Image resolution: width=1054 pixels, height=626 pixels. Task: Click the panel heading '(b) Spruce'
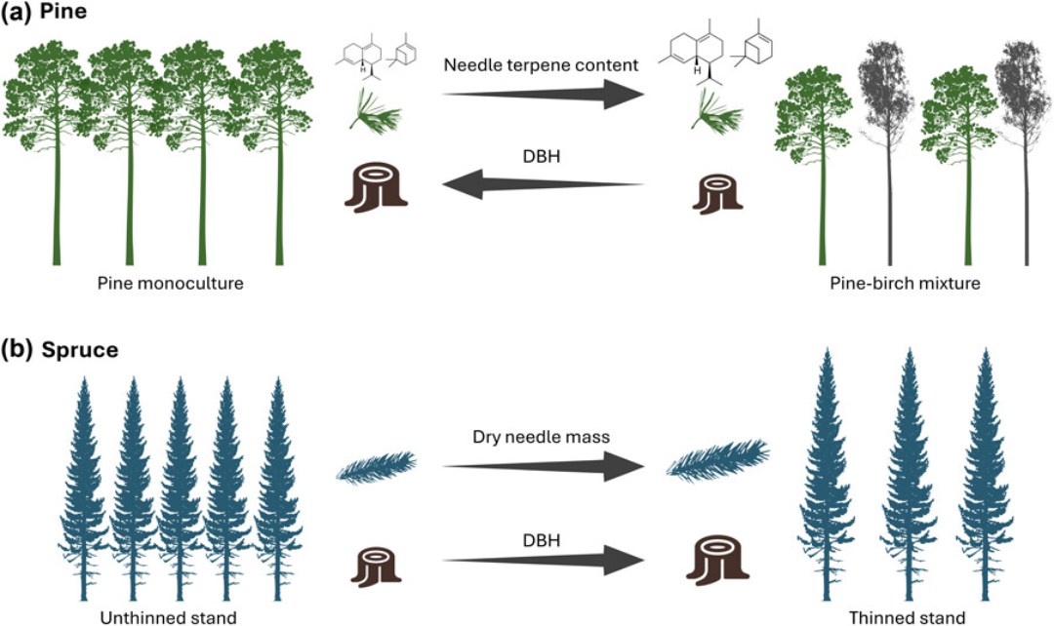[60, 348]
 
